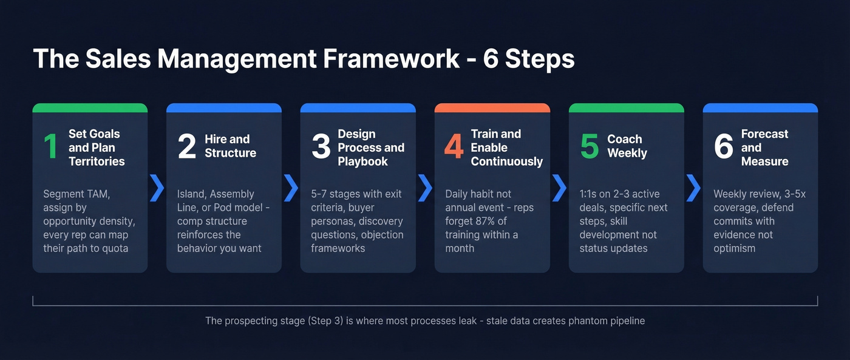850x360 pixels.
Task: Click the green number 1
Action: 50,147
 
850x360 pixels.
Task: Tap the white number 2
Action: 187,147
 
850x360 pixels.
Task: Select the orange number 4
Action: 454,147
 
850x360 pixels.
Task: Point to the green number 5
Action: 589,147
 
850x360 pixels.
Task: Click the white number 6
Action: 723,147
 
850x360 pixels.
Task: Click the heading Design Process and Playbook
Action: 371,148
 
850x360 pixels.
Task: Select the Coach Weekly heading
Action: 627,146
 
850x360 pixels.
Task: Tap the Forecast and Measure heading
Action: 764,148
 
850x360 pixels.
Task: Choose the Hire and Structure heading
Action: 230,146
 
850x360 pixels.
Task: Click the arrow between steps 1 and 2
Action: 157,188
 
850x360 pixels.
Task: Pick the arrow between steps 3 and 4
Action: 426,188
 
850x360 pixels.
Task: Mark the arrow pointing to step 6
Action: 693,188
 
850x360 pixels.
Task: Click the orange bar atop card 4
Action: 492,108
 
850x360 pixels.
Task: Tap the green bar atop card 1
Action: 90,108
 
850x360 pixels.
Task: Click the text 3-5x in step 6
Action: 793,194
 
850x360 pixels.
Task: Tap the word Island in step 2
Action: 191,194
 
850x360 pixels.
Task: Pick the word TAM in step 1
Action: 99,194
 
